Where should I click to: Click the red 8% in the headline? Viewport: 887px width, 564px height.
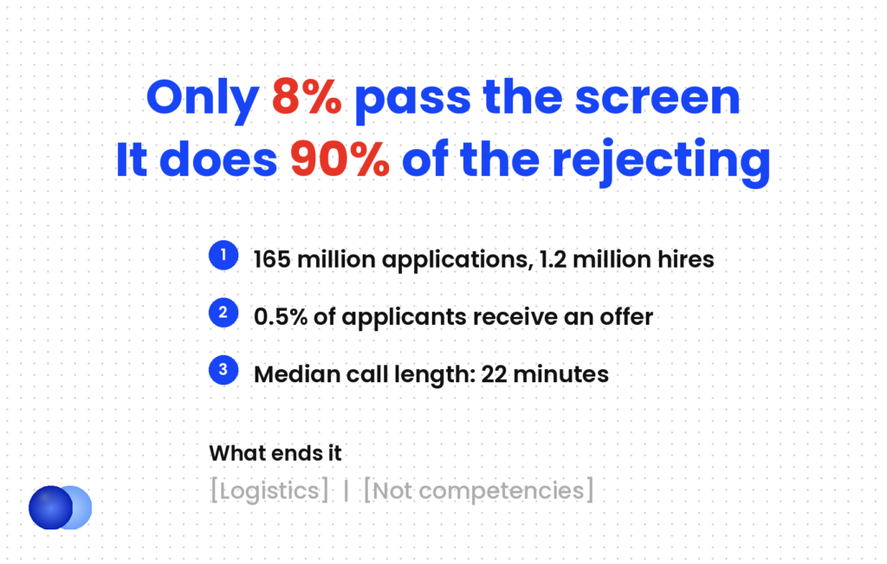coord(307,97)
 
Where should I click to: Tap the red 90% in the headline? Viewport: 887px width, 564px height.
coord(340,159)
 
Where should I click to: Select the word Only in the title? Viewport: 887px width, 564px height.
coord(203,100)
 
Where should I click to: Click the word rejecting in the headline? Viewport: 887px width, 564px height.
coord(661,162)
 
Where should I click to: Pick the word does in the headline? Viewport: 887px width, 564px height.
coord(218,159)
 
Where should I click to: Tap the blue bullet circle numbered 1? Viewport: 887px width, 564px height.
coord(223,255)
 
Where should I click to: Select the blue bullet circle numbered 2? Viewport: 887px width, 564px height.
coord(223,312)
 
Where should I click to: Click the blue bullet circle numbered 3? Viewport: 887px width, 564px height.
coord(223,370)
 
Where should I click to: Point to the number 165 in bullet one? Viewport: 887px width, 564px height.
coord(272,260)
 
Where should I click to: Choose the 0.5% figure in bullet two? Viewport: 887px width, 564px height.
coord(281,317)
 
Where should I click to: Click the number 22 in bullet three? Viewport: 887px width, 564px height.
coord(494,374)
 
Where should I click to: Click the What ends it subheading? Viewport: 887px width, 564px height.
coord(275,453)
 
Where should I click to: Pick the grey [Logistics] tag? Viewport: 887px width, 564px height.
coord(269,490)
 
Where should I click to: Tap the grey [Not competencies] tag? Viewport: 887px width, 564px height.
coord(478,490)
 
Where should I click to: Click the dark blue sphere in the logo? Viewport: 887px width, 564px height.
coord(51,508)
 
